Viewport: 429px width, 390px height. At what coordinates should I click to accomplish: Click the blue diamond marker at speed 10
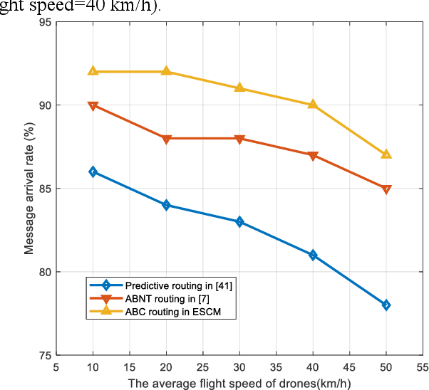click(93, 172)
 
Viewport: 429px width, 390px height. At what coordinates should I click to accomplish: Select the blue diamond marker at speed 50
click(386, 305)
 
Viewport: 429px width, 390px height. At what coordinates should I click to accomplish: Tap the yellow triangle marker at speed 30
click(239, 88)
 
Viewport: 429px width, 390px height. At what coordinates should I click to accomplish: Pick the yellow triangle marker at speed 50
click(386, 154)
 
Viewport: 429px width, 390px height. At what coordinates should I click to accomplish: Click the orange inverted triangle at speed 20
click(166, 139)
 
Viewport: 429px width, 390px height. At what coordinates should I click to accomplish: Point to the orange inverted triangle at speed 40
click(313, 156)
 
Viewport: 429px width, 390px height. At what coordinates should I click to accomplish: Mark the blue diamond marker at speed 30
click(239, 221)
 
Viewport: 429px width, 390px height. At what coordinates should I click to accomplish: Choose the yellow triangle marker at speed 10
click(93, 70)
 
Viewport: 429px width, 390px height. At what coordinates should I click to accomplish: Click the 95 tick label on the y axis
click(43, 22)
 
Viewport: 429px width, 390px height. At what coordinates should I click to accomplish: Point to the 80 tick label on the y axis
click(43, 272)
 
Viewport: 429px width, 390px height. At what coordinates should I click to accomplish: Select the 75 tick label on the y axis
click(43, 355)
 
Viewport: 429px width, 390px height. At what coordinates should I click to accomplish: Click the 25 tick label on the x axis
click(202, 367)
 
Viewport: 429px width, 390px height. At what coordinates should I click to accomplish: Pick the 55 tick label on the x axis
click(423, 367)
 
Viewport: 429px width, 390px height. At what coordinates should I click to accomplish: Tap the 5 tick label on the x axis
click(56, 367)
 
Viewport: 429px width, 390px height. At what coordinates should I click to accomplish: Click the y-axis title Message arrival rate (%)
click(29, 189)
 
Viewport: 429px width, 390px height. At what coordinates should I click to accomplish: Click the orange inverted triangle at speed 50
click(386, 189)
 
